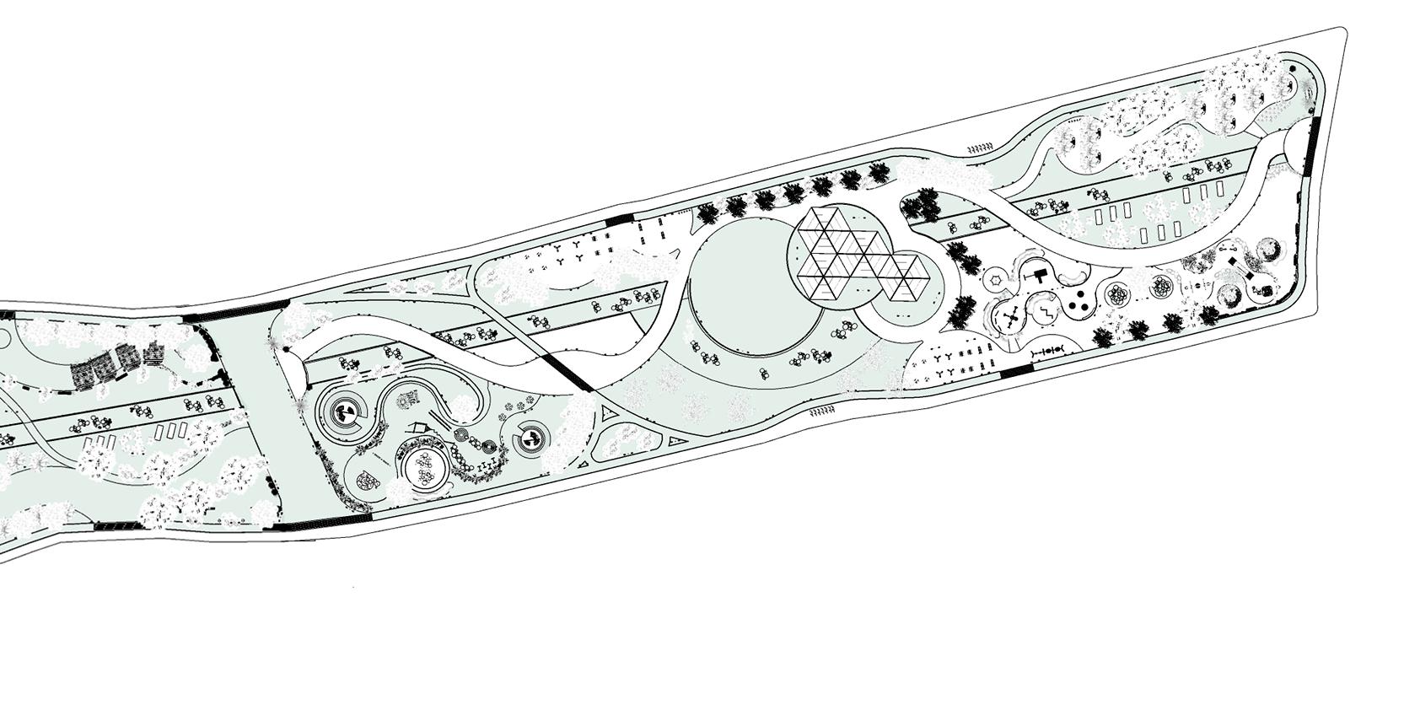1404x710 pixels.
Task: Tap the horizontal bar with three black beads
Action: [1050, 350]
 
